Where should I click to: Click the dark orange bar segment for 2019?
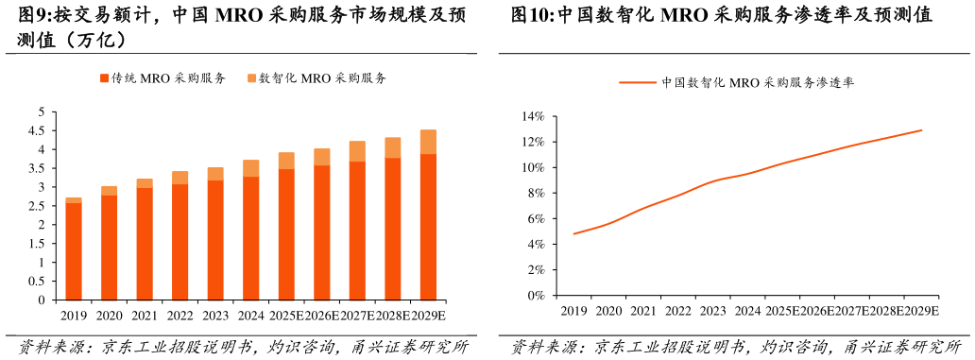click(74, 251)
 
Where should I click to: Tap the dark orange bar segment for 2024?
click(250, 238)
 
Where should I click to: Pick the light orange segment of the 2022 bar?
click(180, 178)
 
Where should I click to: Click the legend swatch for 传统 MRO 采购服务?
click(104, 78)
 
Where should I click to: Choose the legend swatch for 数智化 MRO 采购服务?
click(252, 78)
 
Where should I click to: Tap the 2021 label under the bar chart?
click(145, 317)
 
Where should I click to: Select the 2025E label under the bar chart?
click(285, 317)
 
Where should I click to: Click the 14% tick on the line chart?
click(533, 116)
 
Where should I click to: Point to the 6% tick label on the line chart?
click(536, 218)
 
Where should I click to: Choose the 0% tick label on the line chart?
click(536, 295)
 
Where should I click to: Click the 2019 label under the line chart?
click(573, 311)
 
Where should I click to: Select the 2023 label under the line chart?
click(713, 311)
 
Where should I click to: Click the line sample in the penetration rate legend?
click(638, 82)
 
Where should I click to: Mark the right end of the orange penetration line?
click(921, 130)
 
